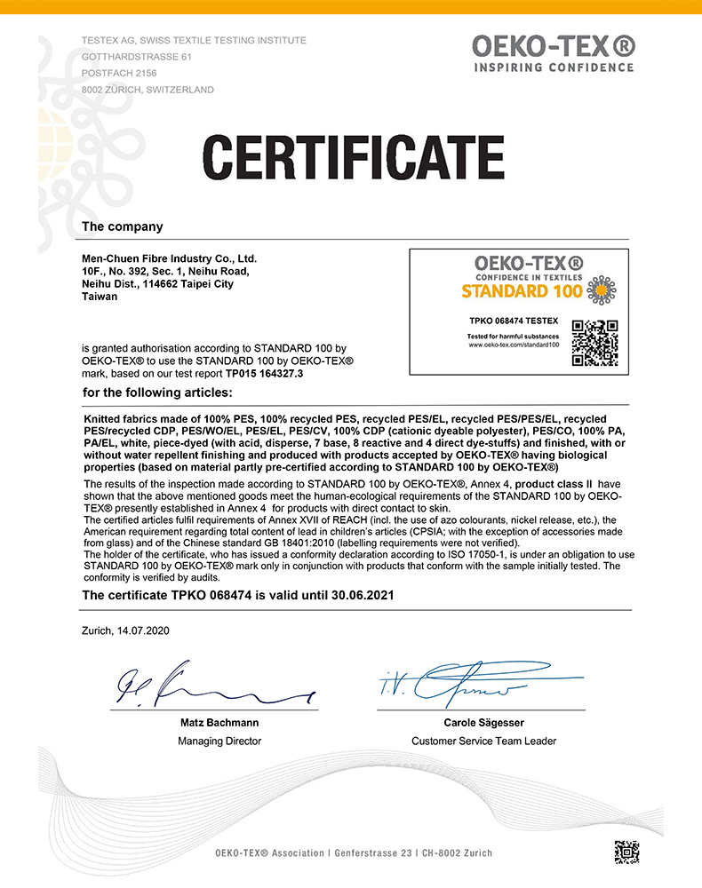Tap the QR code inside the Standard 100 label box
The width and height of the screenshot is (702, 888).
[594, 342]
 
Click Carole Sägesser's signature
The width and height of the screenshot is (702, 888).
[462, 682]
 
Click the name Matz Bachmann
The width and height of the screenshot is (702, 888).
[219, 723]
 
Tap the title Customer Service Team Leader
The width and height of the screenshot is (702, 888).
[483, 741]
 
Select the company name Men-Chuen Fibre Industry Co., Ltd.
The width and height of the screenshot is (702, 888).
[169, 258]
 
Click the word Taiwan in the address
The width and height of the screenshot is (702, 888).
[99, 297]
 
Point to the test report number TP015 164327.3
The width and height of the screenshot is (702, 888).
[265, 374]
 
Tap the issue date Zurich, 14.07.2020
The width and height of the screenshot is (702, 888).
[125, 630]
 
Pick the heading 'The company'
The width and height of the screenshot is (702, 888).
[122, 226]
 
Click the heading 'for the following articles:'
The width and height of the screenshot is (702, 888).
[157, 392]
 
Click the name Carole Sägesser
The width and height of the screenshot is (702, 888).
[484, 723]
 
